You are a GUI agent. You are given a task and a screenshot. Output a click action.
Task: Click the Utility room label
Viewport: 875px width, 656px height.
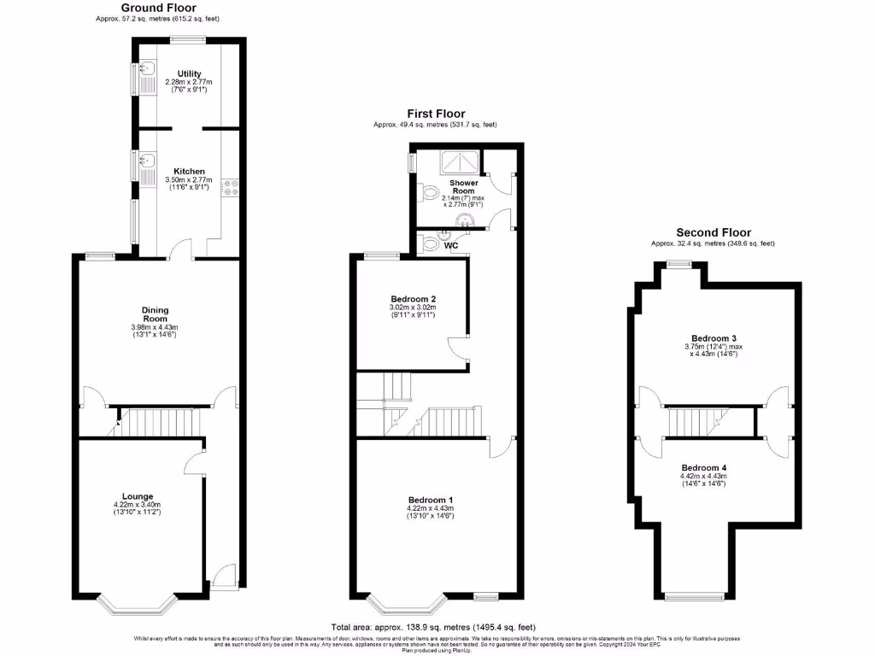click(189, 73)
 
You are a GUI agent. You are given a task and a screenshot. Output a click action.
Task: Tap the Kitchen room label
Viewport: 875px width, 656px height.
click(189, 171)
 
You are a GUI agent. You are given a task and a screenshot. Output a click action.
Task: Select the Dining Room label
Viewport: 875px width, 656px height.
click(156, 313)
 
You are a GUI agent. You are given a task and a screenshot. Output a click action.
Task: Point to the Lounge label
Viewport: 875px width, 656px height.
click(137, 496)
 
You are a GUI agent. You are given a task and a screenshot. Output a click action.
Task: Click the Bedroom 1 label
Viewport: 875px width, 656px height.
click(431, 500)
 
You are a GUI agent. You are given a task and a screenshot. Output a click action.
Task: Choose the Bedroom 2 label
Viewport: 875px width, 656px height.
click(413, 299)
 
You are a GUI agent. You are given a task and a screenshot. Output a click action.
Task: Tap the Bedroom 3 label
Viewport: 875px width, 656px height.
click(712, 339)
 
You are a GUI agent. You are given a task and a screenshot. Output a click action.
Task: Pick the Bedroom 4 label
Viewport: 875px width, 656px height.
click(705, 468)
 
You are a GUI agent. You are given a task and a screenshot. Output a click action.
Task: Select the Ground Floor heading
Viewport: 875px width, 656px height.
click(159, 8)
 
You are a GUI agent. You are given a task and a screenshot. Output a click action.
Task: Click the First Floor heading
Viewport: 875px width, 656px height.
click(436, 114)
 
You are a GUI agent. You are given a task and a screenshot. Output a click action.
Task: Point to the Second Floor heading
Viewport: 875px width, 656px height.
click(714, 232)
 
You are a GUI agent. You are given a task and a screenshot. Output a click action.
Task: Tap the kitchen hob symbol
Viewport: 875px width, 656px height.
click(230, 187)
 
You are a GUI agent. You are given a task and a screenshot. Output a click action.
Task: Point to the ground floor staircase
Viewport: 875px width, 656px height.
click(159, 422)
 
